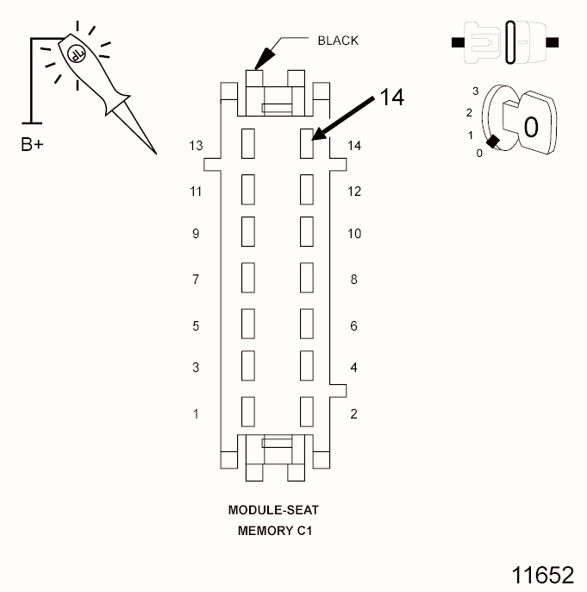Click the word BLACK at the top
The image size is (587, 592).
click(x=338, y=40)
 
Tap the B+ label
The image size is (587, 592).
click(x=32, y=144)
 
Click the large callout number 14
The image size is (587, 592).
click(x=391, y=98)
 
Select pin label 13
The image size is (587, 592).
click(x=196, y=146)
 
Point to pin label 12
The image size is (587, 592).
click(x=353, y=192)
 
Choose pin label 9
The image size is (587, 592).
click(x=196, y=234)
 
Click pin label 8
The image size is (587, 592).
click(x=353, y=280)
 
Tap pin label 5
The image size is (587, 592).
click(x=196, y=326)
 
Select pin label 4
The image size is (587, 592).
click(x=353, y=368)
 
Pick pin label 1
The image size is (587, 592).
click(x=196, y=414)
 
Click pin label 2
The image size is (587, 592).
click(x=353, y=414)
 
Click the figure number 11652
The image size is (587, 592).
click(x=543, y=575)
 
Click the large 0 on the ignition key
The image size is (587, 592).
click(x=531, y=128)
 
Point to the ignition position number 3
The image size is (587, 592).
click(x=475, y=91)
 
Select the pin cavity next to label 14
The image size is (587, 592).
click(x=305, y=143)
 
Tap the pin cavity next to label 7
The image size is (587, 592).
click(x=248, y=277)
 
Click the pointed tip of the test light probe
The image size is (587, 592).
click(x=156, y=154)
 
